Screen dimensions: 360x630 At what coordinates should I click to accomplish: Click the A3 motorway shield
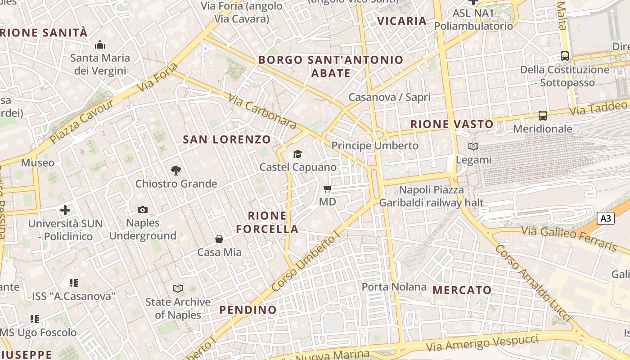[x=606, y=218]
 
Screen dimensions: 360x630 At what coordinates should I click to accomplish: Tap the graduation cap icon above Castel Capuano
[x=297, y=154]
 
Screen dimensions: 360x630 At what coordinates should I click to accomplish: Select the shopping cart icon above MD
[x=328, y=189]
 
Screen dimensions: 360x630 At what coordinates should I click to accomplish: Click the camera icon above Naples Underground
[x=143, y=210]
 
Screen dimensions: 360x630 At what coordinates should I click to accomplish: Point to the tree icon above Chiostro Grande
[x=176, y=170]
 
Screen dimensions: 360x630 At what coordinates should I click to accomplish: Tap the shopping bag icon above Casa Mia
[x=219, y=238]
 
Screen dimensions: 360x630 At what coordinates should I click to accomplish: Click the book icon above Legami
[x=473, y=146]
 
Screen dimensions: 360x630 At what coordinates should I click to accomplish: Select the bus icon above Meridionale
[x=543, y=115]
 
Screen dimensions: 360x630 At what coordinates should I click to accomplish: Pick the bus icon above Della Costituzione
[x=564, y=56]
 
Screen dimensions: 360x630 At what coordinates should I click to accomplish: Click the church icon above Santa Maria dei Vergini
[x=99, y=45]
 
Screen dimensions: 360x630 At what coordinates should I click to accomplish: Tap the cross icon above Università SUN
[x=65, y=210]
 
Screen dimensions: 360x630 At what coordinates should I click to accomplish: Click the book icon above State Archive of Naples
[x=178, y=288]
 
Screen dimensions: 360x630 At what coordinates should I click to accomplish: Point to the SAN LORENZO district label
[x=227, y=139]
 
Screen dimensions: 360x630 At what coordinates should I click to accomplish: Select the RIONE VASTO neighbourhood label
[x=452, y=124]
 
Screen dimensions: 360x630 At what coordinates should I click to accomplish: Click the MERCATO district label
[x=462, y=290]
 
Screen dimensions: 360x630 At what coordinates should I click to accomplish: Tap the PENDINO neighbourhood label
[x=248, y=310]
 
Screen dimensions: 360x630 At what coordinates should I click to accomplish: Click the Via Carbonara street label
[x=262, y=111]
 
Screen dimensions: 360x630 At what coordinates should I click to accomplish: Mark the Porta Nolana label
[x=394, y=287]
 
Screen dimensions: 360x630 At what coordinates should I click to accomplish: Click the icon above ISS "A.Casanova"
[x=74, y=283]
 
